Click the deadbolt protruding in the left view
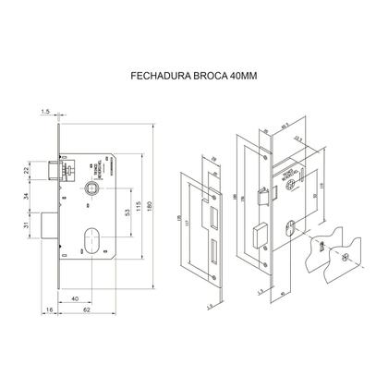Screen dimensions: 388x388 (x=48, y=224)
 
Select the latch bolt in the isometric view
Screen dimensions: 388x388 (x=261, y=195)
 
